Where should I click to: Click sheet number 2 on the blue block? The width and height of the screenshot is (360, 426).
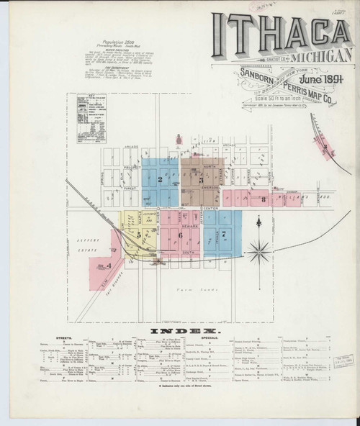click(160, 180)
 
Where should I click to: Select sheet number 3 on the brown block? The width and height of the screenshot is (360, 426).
click(201, 180)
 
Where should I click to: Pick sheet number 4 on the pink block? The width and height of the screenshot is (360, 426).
click(108, 266)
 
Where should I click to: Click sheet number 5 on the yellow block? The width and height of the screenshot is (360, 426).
click(139, 235)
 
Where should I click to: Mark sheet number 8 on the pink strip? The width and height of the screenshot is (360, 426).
click(264, 198)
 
